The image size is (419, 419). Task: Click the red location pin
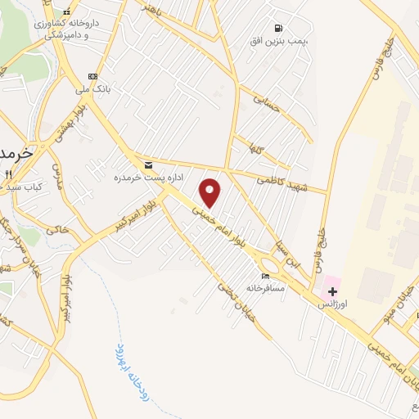[211, 192]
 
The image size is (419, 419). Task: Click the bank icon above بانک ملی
[92, 75]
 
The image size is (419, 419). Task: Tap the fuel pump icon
[280, 27]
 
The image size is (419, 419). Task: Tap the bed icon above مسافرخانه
[264, 276]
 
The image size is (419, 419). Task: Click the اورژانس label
[333, 304]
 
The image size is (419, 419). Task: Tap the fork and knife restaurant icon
[8, 174]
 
